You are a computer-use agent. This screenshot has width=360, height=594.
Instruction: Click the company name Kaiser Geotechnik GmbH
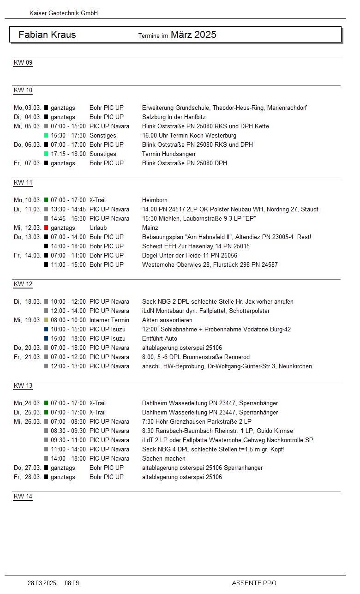point(64,13)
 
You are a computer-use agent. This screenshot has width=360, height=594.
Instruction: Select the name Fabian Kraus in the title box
point(47,35)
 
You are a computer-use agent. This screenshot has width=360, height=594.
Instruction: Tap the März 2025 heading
point(193,35)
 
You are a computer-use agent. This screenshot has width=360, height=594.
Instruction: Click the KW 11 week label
point(23,182)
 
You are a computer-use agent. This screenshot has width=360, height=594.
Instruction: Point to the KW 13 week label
point(23,385)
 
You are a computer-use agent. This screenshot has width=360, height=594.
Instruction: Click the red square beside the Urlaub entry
point(46,228)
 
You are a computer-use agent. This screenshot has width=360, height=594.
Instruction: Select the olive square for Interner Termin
point(46,320)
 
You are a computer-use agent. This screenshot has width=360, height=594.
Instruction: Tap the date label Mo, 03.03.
point(27,108)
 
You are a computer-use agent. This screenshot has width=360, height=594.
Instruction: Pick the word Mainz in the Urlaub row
point(150,228)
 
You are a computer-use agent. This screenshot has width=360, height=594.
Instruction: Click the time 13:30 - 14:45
point(68,209)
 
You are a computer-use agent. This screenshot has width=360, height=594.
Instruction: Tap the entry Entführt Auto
point(160,338)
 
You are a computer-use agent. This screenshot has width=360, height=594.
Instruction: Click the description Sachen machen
point(164,458)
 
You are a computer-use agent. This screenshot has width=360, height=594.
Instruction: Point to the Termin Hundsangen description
point(168,154)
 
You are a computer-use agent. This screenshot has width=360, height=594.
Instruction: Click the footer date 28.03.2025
point(42,583)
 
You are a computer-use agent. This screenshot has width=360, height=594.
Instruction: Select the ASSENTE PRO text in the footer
point(254,583)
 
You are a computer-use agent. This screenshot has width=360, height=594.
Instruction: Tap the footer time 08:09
point(72,583)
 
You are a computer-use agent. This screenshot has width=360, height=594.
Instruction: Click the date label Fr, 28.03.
point(27,477)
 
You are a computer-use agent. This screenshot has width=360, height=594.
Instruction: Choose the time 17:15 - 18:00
point(68,154)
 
